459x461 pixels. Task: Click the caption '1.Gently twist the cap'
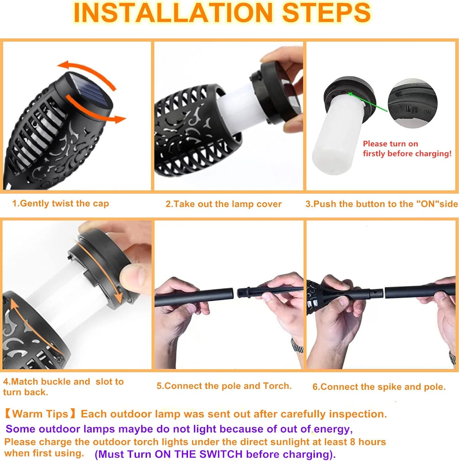pyautogui.click(x=60, y=203)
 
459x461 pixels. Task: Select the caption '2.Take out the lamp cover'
pyautogui.click(x=224, y=204)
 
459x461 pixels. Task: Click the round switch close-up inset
pyautogui.click(x=412, y=103)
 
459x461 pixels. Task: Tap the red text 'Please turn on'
pyautogui.click(x=390, y=144)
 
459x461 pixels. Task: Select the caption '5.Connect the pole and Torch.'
pyautogui.click(x=224, y=386)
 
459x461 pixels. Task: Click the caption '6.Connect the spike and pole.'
pyautogui.click(x=379, y=387)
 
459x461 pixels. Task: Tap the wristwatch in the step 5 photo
pyautogui.click(x=297, y=346)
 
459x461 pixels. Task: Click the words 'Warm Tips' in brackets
pyautogui.click(x=40, y=414)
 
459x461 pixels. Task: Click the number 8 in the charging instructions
pyautogui.click(x=353, y=442)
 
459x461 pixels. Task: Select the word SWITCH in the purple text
pyautogui.click(x=221, y=454)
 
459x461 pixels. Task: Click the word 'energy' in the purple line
pyautogui.click(x=332, y=429)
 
